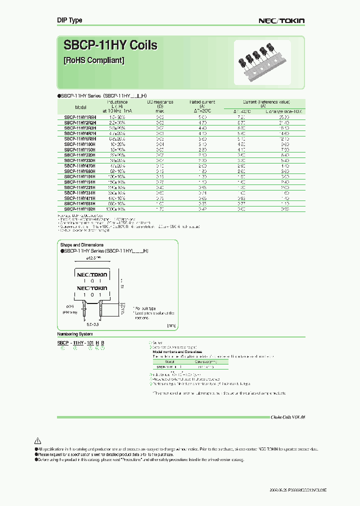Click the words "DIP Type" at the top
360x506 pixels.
69,20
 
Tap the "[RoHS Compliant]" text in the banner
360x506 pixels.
94,60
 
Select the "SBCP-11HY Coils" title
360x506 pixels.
110,45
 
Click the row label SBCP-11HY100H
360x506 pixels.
80,144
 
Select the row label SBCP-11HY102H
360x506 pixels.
80,208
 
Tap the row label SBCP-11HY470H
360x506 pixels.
80,165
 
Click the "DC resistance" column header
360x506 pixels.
160,102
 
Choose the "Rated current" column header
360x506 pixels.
202,102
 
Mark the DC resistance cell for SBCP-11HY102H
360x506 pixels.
160,208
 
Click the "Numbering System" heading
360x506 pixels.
74,333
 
